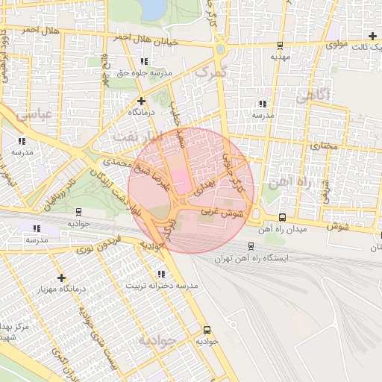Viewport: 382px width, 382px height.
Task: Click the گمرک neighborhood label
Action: [209, 72]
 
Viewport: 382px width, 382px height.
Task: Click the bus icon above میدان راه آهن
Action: [281, 218]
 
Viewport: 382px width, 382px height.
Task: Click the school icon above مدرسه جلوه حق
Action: [143, 61]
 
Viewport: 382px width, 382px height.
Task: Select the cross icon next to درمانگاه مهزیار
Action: [61, 278]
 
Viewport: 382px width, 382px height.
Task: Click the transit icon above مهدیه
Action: [278, 44]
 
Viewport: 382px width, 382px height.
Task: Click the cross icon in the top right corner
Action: [372, 36]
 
